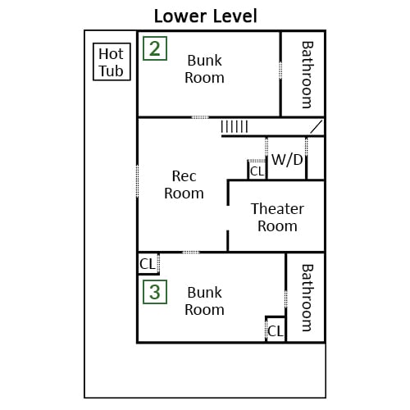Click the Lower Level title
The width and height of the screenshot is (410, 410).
[x=206, y=16]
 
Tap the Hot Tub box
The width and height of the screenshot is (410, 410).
[x=112, y=61]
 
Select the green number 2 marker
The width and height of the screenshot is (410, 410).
[x=155, y=48]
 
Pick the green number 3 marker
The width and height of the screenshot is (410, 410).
[x=155, y=292]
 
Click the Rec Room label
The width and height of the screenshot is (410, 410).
[x=184, y=184]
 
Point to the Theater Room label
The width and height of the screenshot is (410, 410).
[x=277, y=217]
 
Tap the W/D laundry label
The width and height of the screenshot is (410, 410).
[x=287, y=159]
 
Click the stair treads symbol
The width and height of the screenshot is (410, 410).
[x=235, y=127]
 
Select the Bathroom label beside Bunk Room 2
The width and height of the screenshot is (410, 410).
[x=307, y=75]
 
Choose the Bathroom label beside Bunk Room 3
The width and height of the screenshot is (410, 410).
[x=307, y=298]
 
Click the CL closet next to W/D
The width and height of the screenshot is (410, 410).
[x=257, y=171]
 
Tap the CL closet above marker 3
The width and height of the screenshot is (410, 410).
[x=148, y=264]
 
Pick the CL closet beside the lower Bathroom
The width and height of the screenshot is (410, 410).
[x=276, y=331]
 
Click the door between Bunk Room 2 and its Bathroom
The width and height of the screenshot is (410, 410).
[x=280, y=71]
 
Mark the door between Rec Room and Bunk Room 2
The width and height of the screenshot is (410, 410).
[x=200, y=117]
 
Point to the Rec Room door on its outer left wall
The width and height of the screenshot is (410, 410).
[x=137, y=181]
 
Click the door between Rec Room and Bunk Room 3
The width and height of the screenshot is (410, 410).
[x=191, y=252]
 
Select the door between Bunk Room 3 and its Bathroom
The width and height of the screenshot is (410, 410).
[x=286, y=299]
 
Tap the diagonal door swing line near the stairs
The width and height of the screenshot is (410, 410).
[x=317, y=127]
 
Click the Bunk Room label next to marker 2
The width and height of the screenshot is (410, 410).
[x=204, y=69]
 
